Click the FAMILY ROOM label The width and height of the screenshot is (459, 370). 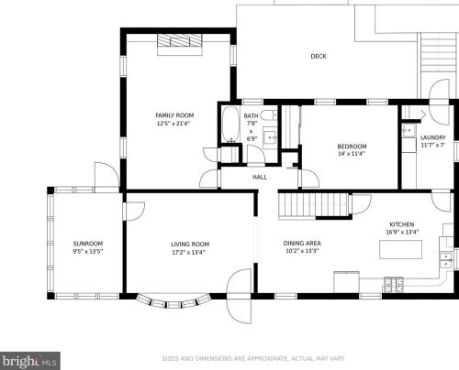pyautogui.click(x=174, y=115)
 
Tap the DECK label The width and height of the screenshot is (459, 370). pyautogui.click(x=319, y=56)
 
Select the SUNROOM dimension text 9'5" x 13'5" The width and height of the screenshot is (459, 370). pyautogui.click(x=88, y=252)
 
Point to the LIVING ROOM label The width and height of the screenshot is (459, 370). pyautogui.click(x=190, y=245)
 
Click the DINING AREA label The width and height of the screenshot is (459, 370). pyautogui.click(x=302, y=244)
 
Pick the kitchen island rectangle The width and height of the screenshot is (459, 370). pyautogui.click(x=400, y=249)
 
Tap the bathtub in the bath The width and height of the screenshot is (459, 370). pyautogui.click(x=230, y=125)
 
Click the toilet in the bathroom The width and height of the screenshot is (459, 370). pyautogui.click(x=269, y=115)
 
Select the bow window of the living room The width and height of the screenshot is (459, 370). pyautogui.click(x=174, y=301)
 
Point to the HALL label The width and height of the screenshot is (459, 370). pyautogui.click(x=260, y=177)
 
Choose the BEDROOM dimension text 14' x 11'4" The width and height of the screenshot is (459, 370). pyautogui.click(x=352, y=154)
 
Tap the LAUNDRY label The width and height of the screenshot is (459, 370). pyautogui.click(x=433, y=137)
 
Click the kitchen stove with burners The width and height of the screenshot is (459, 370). pyautogui.click(x=394, y=284)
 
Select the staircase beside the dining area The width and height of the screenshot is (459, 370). pyautogui.click(x=314, y=205)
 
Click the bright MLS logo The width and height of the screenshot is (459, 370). pyautogui.click(x=30, y=361)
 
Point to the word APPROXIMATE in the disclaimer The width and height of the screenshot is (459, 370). pyautogui.click(x=267, y=358)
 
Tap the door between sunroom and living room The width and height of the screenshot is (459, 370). pyautogui.click(x=134, y=211)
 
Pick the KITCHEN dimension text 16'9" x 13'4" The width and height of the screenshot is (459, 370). pyautogui.click(x=402, y=232)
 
